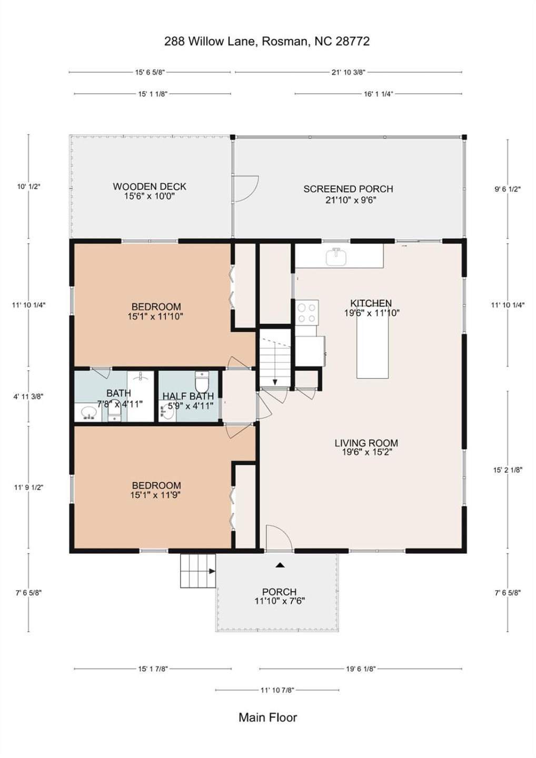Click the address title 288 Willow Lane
click(266, 42)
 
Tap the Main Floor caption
click(267, 717)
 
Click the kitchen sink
click(335, 257)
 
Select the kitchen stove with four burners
click(306, 312)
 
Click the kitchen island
click(372, 347)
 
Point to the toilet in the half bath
click(202, 381)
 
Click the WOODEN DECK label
click(150, 186)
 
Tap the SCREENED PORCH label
click(348, 189)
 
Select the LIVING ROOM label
click(366, 443)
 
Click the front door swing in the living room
click(277, 538)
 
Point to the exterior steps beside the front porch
click(198, 571)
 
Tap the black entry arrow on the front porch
click(280, 565)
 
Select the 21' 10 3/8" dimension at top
click(348, 72)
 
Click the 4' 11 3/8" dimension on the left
click(28, 396)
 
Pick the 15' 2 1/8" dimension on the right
click(508, 470)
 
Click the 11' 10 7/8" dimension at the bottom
click(277, 690)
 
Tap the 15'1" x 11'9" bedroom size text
click(155, 495)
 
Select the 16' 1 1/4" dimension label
click(378, 94)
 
